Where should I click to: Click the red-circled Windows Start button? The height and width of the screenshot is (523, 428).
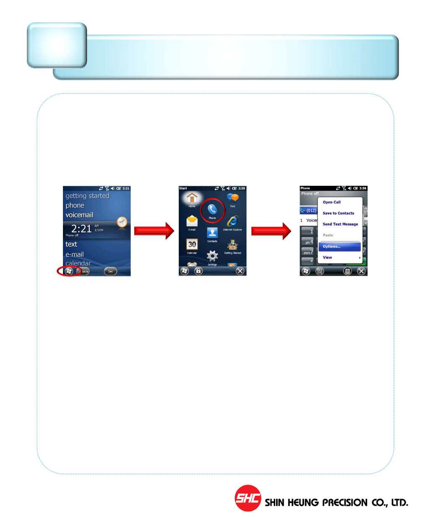pyautogui.click(x=69, y=271)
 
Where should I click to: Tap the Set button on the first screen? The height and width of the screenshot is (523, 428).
pyautogui.click(x=110, y=271)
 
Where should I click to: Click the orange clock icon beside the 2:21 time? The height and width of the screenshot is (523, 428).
pyautogui.click(x=122, y=222)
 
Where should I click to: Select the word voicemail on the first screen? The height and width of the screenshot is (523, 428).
pyautogui.click(x=79, y=215)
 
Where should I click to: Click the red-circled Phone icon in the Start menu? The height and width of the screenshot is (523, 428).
pyautogui.click(x=212, y=210)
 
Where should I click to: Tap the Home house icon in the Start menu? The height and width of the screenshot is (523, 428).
pyautogui.click(x=192, y=198)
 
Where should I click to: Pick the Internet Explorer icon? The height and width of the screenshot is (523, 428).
pyautogui.click(x=232, y=221)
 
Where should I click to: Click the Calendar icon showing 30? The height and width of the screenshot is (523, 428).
pyautogui.click(x=192, y=245)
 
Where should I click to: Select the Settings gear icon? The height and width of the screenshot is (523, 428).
pyautogui.click(x=212, y=256)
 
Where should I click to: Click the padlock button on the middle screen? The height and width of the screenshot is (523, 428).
pyautogui.click(x=198, y=271)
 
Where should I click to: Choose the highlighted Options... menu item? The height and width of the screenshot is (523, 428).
pyautogui.click(x=339, y=247)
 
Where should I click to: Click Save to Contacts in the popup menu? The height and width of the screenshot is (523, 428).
pyautogui.click(x=338, y=213)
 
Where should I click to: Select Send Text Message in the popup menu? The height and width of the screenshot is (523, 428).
pyautogui.click(x=340, y=224)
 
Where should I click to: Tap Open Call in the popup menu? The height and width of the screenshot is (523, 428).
pyautogui.click(x=331, y=202)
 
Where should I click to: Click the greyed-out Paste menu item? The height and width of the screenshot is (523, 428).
pyautogui.click(x=328, y=235)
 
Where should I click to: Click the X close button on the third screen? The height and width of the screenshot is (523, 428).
pyautogui.click(x=361, y=271)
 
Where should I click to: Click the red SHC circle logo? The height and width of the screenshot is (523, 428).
pyautogui.click(x=248, y=498)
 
